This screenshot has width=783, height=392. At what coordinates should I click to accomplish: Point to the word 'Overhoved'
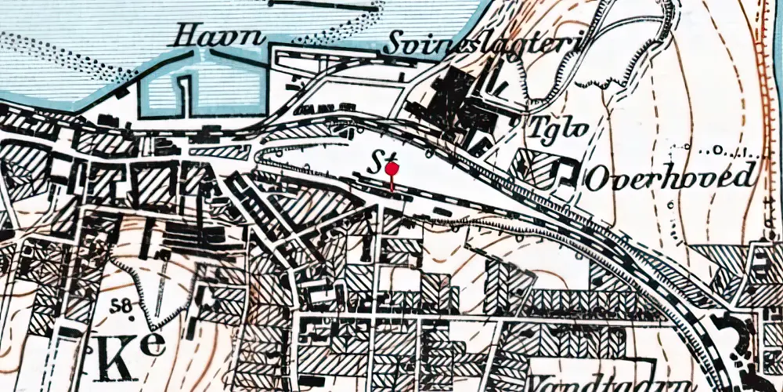671,176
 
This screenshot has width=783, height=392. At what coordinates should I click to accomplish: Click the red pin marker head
392,168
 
